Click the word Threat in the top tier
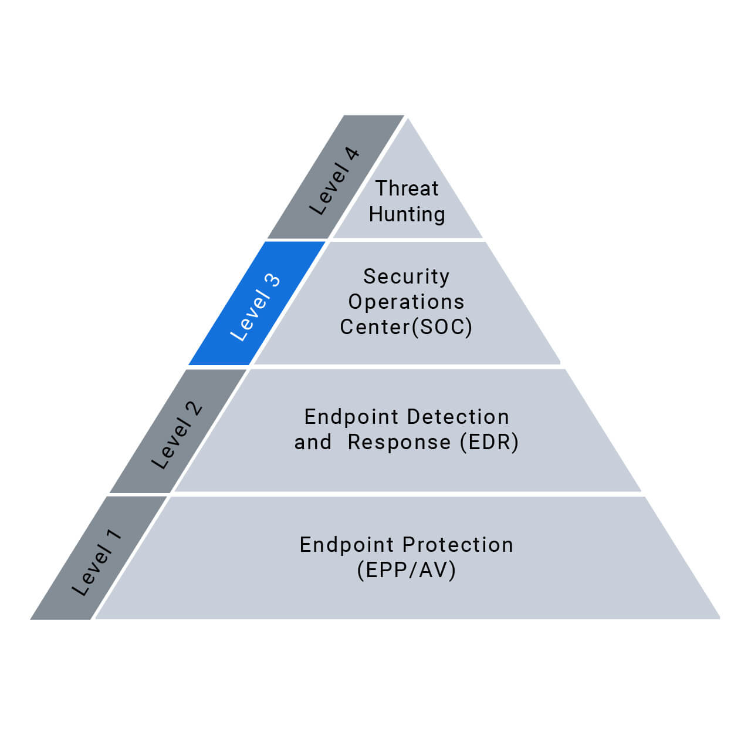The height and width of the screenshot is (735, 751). point(407,188)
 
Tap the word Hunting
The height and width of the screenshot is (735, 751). point(407,214)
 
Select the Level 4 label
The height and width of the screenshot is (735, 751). point(334,181)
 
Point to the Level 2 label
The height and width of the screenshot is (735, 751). point(177,436)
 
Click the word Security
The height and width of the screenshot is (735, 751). point(406,276)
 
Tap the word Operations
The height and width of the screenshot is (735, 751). point(406,302)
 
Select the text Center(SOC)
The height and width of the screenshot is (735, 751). point(406,327)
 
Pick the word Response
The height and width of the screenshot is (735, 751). point(399,442)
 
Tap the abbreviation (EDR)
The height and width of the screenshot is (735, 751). point(489,442)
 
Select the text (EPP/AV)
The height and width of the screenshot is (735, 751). point(406,570)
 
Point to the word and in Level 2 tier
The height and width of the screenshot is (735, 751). point(313,442)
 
